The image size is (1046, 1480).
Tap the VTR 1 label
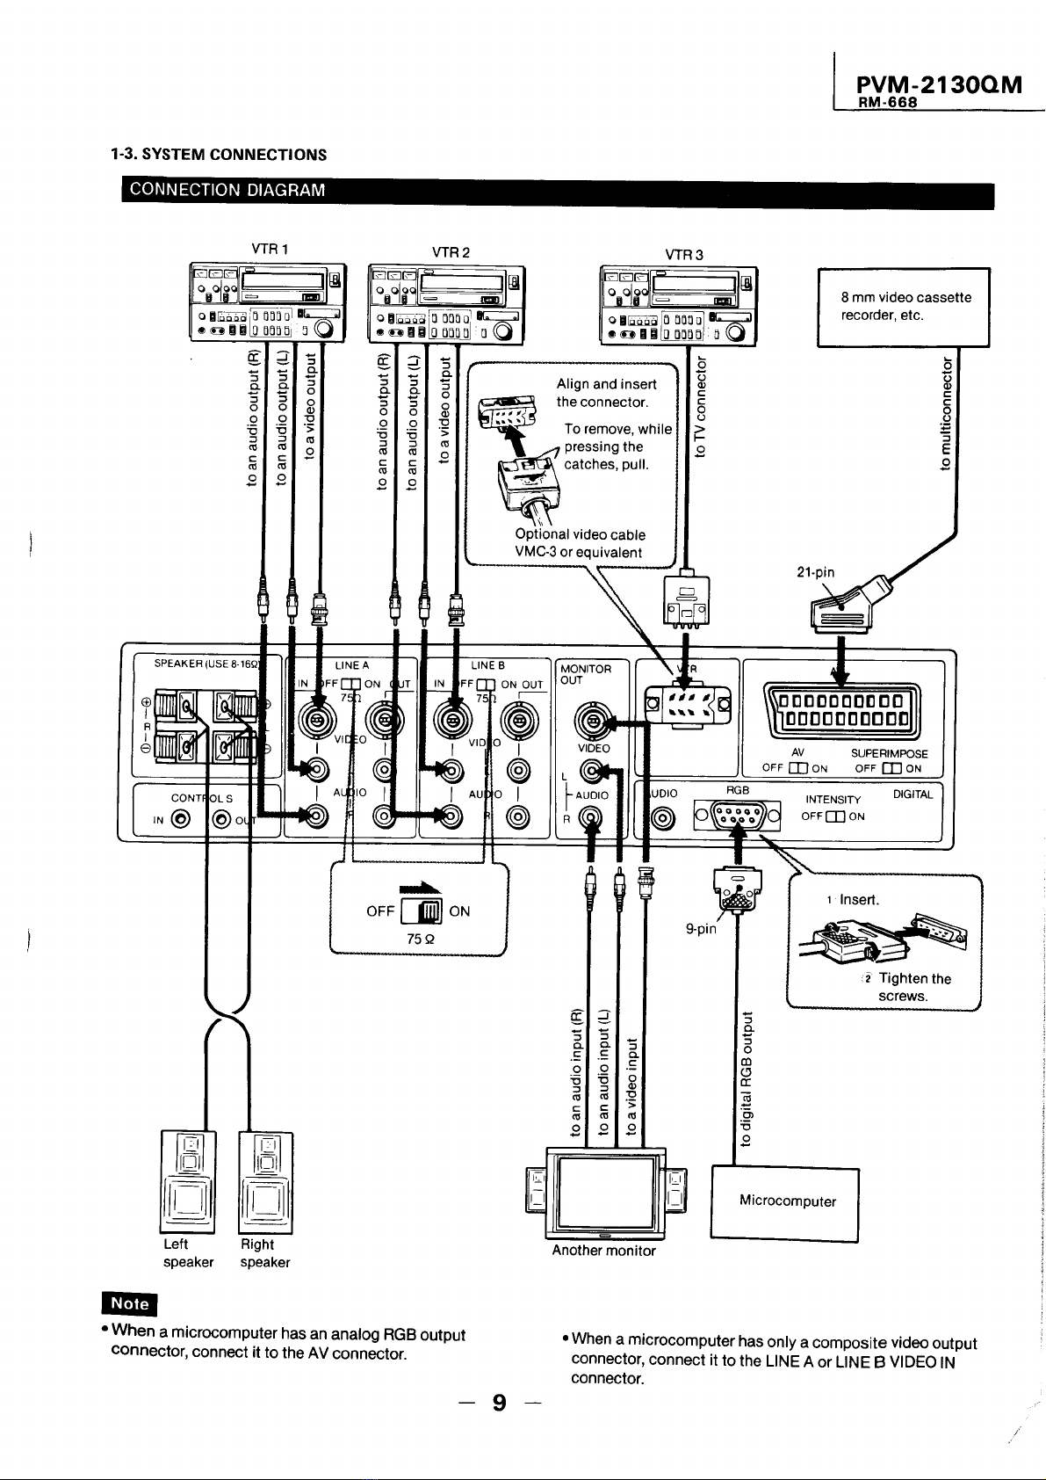(x=264, y=249)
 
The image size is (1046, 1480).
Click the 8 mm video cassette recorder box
(x=903, y=307)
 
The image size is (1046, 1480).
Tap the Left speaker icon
(x=186, y=1182)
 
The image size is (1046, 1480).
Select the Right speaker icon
(x=265, y=1182)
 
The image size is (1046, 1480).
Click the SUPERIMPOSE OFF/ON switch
(x=891, y=768)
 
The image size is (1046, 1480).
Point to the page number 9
(x=499, y=1404)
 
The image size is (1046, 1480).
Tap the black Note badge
(x=127, y=1303)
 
